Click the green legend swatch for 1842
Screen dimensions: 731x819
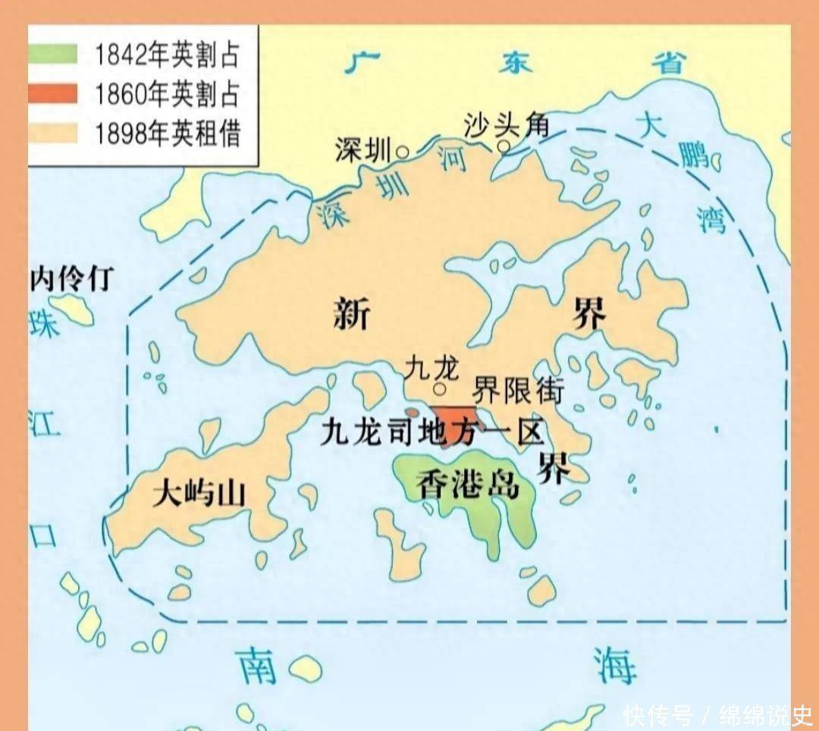(53, 55)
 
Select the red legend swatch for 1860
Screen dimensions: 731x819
(53, 94)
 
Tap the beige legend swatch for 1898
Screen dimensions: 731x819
(53, 133)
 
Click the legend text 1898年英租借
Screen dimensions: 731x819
(168, 133)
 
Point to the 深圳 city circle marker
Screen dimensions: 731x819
(403, 152)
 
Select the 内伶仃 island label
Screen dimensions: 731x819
(71, 279)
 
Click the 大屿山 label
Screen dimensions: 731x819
(199, 494)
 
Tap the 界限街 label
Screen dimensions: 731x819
(518, 390)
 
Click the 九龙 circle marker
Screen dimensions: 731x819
(438, 391)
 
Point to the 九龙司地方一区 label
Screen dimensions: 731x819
(432, 432)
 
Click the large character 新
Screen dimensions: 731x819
(352, 312)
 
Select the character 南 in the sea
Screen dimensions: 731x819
(257, 666)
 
